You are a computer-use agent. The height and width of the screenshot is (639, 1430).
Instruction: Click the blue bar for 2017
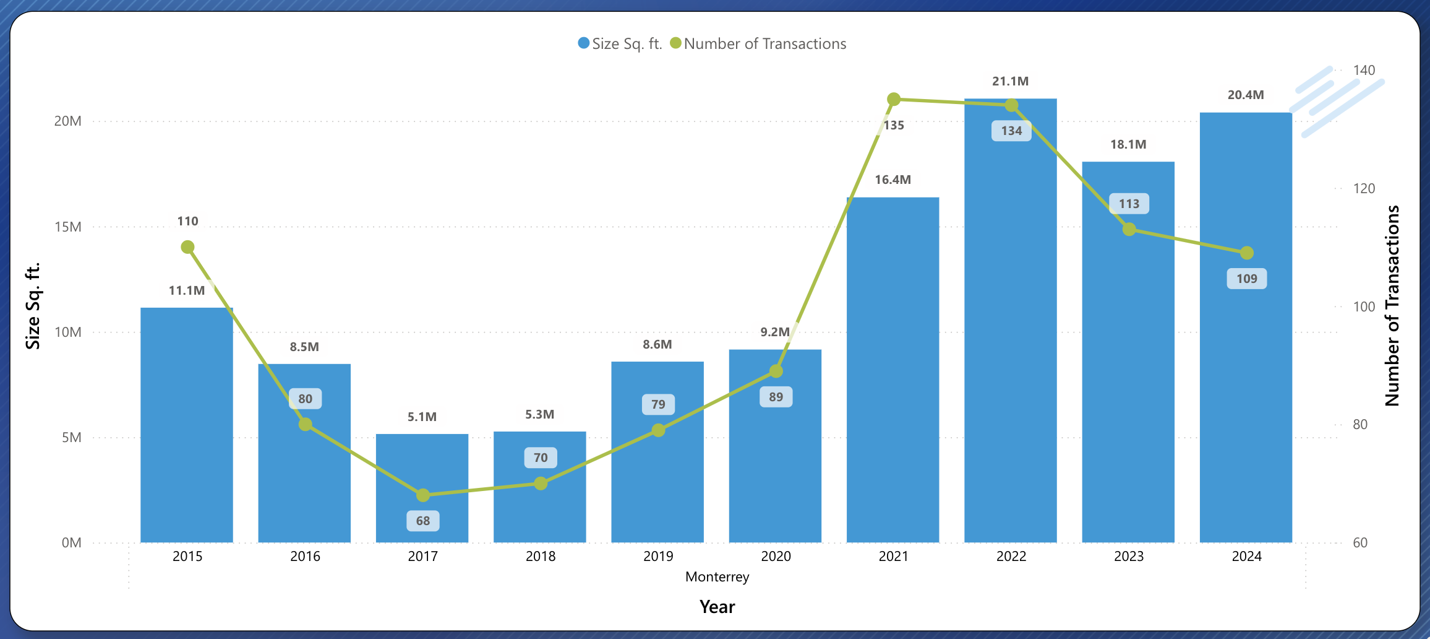[x=422, y=471]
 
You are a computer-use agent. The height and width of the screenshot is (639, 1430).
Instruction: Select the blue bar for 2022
[x=1010, y=322]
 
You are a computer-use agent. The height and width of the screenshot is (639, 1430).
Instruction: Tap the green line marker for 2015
[x=187, y=247]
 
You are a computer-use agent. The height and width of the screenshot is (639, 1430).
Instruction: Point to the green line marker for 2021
[x=894, y=99]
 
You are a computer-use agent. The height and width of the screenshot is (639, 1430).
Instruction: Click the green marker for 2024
[x=1247, y=253]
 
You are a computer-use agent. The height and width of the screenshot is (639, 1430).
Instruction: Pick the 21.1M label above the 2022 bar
[x=1010, y=81]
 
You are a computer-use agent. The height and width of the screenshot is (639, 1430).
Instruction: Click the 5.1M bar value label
[x=422, y=417]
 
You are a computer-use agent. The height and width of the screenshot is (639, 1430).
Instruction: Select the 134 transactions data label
[x=1011, y=131]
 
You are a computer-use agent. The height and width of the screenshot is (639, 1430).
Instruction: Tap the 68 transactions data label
[x=423, y=521]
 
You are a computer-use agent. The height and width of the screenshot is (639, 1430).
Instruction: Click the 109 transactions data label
[x=1247, y=279]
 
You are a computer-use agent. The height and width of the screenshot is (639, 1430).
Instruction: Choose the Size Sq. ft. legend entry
[x=620, y=43]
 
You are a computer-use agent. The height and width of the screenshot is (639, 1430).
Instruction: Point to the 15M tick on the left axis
[x=68, y=227]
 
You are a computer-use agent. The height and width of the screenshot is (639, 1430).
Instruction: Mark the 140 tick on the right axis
[x=1364, y=70]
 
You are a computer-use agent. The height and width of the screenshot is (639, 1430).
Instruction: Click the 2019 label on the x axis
[x=658, y=556]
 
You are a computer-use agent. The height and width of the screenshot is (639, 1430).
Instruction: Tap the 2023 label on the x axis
[x=1129, y=556]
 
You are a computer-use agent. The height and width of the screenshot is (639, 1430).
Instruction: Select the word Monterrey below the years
[x=717, y=576]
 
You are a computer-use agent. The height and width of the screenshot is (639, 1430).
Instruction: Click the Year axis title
[x=717, y=606]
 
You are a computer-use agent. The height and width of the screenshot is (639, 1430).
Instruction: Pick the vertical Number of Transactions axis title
[x=1392, y=306]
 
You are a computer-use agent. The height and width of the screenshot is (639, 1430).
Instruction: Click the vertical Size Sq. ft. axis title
[x=32, y=306]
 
